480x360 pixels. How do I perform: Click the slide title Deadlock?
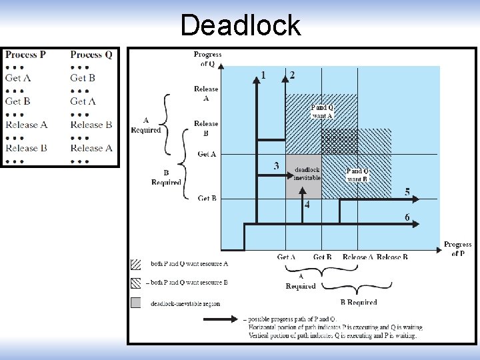tap(240, 25)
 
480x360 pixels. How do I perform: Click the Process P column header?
tap(25, 55)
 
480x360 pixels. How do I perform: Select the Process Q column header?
tap(91, 55)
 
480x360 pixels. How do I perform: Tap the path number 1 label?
tap(263, 75)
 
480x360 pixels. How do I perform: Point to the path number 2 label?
tap(292, 75)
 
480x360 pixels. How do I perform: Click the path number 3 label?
tap(276, 165)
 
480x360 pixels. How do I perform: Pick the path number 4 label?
tap(307, 205)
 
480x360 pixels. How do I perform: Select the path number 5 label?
tap(407, 192)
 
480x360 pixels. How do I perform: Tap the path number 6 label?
tap(407, 217)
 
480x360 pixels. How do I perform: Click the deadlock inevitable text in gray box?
tap(307, 174)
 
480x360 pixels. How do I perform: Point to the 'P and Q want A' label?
tap(322, 111)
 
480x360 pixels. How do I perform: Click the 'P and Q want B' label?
tap(358, 175)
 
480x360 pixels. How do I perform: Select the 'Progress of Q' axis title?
tap(207, 59)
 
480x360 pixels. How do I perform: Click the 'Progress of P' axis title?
tap(457, 249)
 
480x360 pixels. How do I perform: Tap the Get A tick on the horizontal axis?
tap(287, 257)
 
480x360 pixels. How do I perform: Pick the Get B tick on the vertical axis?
tap(207, 198)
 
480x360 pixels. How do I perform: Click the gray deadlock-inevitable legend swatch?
tap(136, 303)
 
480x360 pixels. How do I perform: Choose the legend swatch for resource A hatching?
tap(136, 264)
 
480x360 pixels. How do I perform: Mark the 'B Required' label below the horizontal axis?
tap(359, 302)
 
